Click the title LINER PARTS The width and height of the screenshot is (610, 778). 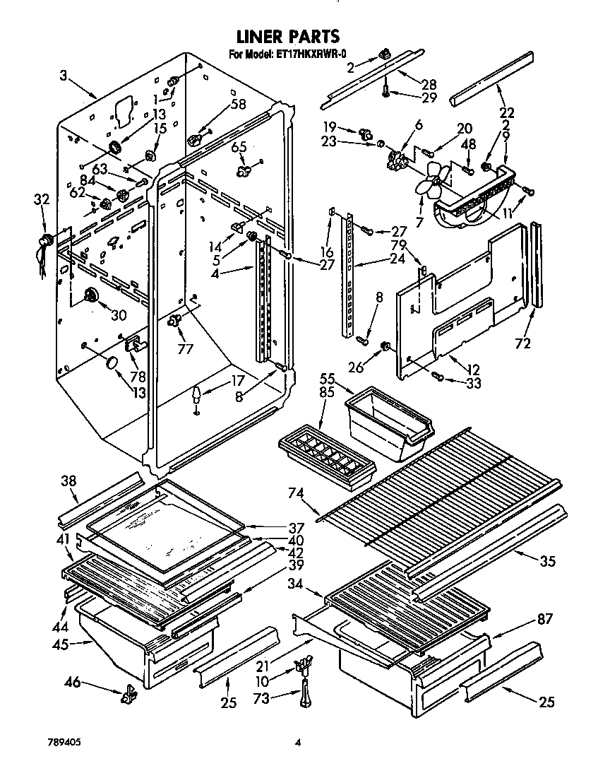click(x=287, y=35)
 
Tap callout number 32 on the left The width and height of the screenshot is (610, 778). click(x=41, y=200)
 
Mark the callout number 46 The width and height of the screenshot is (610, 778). click(x=73, y=683)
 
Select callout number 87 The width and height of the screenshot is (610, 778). click(x=544, y=620)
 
